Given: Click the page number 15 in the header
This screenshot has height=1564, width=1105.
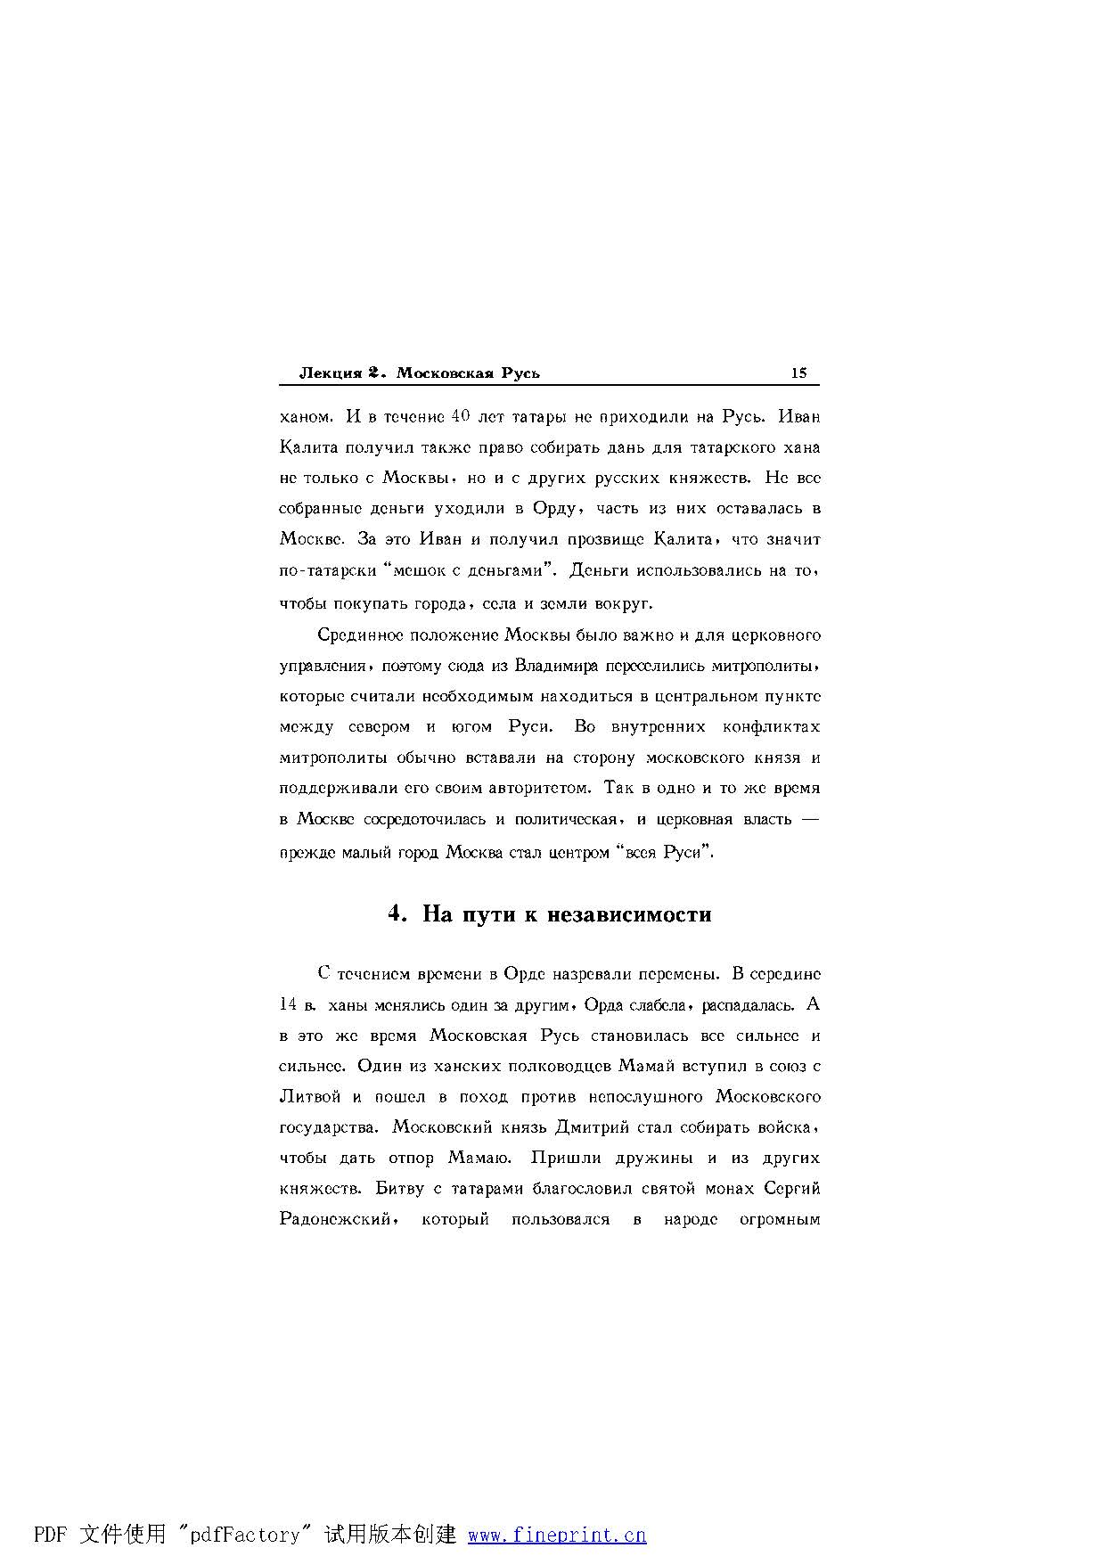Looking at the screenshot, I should [x=798, y=373].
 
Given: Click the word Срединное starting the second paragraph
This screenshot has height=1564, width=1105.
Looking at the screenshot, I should [x=361, y=635].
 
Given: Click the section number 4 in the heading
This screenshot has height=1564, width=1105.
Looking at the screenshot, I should [x=397, y=914].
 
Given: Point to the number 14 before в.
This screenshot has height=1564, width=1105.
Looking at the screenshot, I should [x=288, y=1004].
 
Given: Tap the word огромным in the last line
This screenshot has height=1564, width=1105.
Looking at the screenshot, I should [x=780, y=1220].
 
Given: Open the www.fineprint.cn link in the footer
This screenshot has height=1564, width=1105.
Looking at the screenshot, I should [x=557, y=1535].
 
